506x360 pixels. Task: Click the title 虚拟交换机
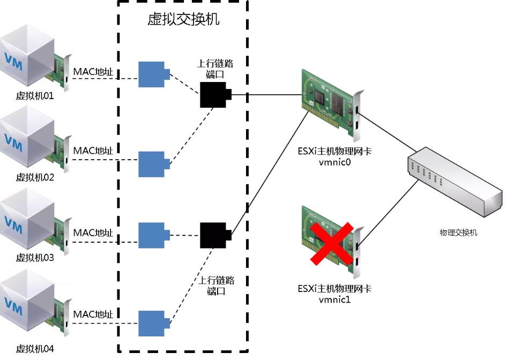[183, 20]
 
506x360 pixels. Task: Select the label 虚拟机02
[35, 177]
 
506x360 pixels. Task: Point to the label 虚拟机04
[35, 349]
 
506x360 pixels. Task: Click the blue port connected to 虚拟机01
[153, 74]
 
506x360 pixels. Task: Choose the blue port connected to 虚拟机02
[153, 163]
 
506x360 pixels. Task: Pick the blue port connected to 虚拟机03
[153, 235]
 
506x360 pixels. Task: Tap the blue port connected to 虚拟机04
[153, 323]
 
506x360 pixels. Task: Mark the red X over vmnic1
[332, 244]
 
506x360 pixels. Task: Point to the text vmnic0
[334, 162]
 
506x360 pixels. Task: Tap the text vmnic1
[334, 299]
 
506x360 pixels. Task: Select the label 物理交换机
[458, 232]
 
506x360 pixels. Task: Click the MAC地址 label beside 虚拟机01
[93, 72]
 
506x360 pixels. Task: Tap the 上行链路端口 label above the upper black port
[215, 69]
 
